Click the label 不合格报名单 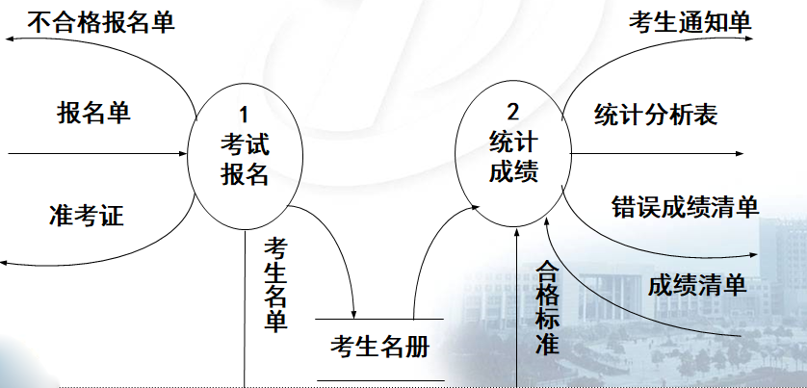(101, 21)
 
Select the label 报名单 (93, 113)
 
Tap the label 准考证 (86, 214)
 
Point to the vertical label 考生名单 (275, 284)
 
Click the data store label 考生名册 (379, 345)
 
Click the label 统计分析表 (655, 115)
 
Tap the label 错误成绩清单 (686, 206)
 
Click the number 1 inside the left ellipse (244, 117)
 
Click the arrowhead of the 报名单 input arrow (184, 153)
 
